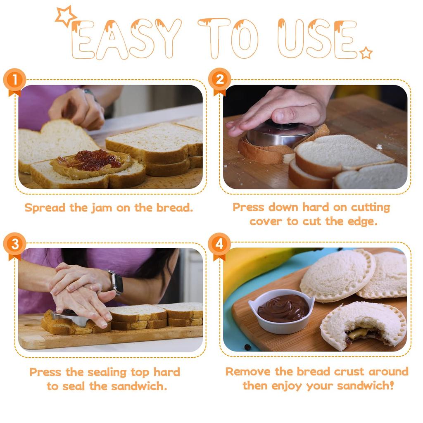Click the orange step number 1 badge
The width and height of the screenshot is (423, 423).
pos(14,81)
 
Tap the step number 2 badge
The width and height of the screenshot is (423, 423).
pos(220,80)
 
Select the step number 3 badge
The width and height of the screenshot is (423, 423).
pos(14,245)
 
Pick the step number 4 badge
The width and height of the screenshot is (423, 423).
pos(219,245)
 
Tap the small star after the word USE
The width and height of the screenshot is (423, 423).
pos(366,53)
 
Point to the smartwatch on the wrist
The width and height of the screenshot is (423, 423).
pos(116,282)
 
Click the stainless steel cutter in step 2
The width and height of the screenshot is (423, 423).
pos(280,134)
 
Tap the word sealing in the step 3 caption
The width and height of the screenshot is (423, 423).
pos(107,372)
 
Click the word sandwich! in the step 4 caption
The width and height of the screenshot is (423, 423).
pos(365,386)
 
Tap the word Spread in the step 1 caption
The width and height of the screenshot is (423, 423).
pos(45,208)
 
